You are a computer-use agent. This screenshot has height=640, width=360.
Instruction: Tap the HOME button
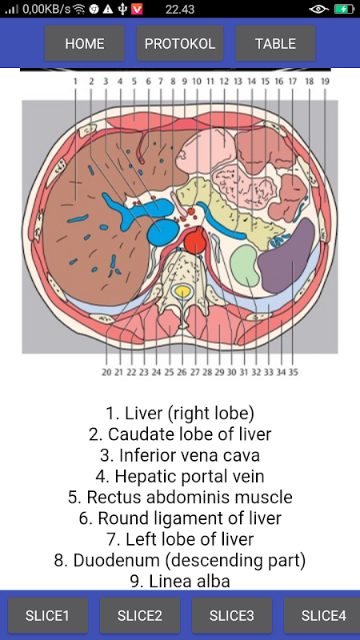pos(85,43)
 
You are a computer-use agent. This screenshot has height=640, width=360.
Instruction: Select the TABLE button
pos(275,43)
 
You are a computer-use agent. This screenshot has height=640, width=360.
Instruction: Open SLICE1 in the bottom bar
pos(48,615)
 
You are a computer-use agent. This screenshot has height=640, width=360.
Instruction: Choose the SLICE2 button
pos(140,615)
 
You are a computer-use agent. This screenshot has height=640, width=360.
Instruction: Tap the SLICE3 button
pos(232,615)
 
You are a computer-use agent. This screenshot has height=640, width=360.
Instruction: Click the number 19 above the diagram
pos(325,82)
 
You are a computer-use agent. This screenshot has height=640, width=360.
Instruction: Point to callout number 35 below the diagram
pos(293,372)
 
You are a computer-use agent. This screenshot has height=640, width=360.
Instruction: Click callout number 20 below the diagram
pos(106,372)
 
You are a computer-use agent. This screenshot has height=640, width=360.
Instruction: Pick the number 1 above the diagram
pos(75,82)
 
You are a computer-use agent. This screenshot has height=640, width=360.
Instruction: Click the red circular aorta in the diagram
pos(196,239)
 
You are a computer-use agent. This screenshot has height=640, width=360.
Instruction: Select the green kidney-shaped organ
pos(245,266)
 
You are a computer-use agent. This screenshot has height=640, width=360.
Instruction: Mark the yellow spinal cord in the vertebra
pos(182,291)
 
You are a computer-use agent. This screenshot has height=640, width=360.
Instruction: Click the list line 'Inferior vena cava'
pos(180,455)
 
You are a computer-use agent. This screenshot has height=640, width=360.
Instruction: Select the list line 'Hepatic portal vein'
pos(180,476)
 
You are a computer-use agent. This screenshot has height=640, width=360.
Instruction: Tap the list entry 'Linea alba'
pos(180,582)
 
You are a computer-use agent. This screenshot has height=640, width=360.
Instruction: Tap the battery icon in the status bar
pos(343,9)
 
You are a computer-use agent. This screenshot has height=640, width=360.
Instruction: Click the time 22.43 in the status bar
pos(179,9)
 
